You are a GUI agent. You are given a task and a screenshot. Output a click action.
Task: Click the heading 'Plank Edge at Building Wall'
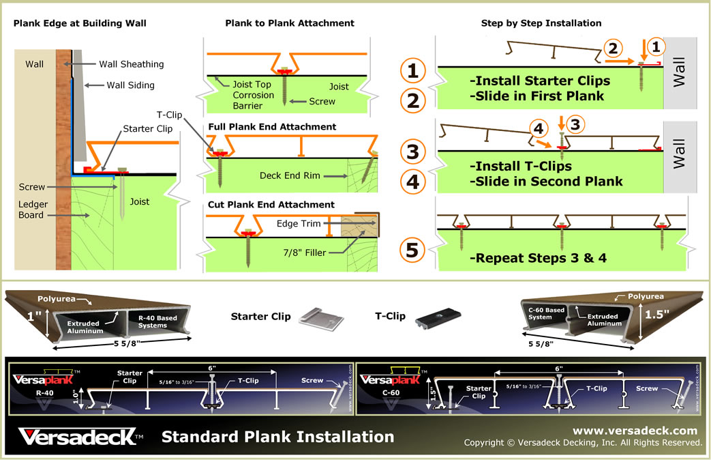(80, 23)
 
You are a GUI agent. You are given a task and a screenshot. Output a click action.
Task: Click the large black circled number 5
(412, 250)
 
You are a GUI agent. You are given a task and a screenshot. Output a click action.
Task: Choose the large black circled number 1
(412, 70)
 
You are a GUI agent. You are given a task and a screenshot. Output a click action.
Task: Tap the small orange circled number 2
(613, 48)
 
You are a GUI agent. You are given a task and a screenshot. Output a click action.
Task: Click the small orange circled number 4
(538, 128)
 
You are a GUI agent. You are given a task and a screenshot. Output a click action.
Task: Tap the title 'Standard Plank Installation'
(277, 437)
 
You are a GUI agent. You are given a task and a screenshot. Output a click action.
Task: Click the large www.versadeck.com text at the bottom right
(635, 431)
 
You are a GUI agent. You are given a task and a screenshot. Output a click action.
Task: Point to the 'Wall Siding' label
(130, 85)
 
